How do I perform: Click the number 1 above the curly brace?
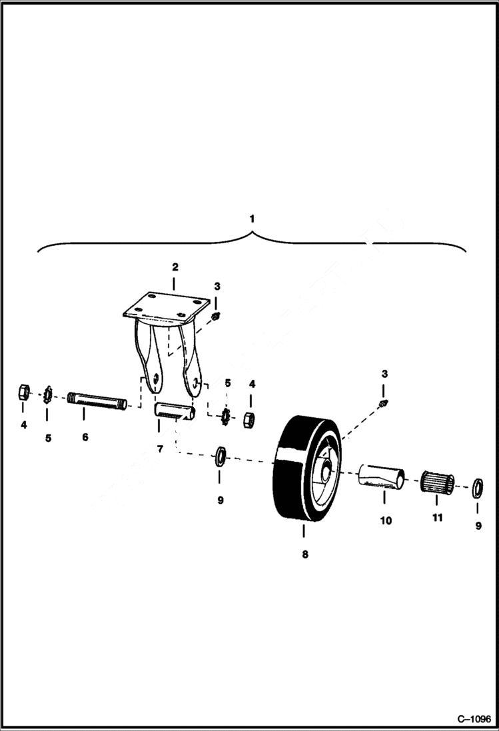(x=251, y=218)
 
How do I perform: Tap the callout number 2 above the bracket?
(x=175, y=267)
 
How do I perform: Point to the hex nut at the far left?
(x=23, y=392)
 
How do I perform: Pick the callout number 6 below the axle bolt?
(x=85, y=437)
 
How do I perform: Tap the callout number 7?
(x=160, y=449)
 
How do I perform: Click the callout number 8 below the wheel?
(x=304, y=554)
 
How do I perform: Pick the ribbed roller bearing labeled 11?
(x=437, y=482)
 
